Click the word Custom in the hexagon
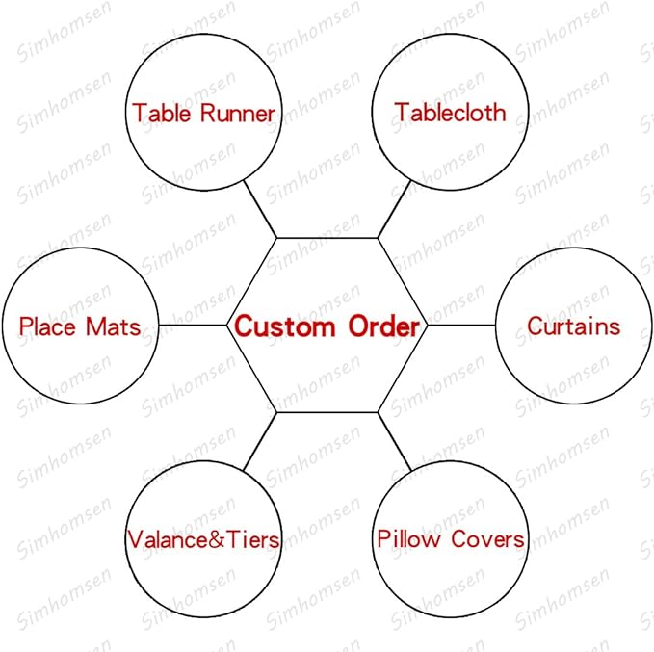(x=285, y=326)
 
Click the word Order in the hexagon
(x=383, y=326)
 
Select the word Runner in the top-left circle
(x=238, y=114)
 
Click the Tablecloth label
(x=451, y=113)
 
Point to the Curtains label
(x=573, y=326)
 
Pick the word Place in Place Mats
(x=47, y=326)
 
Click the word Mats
(x=113, y=326)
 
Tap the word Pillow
(x=408, y=538)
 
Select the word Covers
(x=487, y=539)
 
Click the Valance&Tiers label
(x=203, y=539)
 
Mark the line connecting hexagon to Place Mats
(x=193, y=326)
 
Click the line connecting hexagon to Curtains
(x=461, y=326)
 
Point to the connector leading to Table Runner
(x=260, y=209)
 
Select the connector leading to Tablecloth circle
(x=395, y=209)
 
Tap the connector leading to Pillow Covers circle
(x=395, y=442)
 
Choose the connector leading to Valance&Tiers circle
(x=260, y=442)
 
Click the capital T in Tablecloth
(x=402, y=113)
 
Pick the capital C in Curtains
(x=535, y=326)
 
